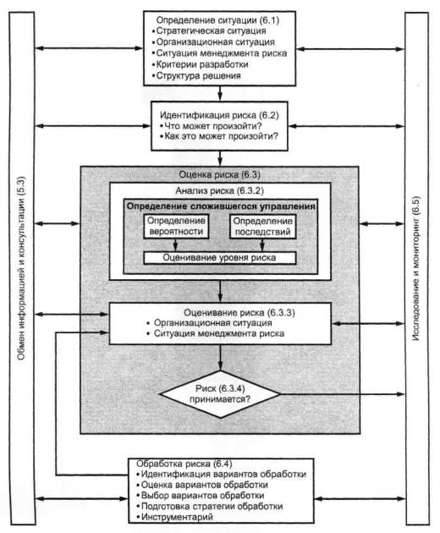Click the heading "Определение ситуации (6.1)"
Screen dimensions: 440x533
coord(217,20)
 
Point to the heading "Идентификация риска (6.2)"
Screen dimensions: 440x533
coord(219,116)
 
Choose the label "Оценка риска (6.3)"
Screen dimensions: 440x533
coord(220,175)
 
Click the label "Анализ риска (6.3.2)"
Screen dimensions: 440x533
coord(220,190)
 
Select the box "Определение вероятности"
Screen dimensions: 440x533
coord(176,227)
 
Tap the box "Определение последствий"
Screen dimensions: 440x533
coord(262,227)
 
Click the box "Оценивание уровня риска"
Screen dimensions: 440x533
coord(220,258)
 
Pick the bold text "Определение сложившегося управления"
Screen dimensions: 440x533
coord(221,206)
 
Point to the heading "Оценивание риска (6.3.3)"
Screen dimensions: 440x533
coord(239,312)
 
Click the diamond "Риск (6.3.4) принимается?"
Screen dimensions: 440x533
coord(220,394)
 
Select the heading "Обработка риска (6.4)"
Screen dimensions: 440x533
coord(184,464)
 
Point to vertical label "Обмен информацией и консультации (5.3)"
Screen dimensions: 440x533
coord(21,268)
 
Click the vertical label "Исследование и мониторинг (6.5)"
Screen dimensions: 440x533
coord(416,268)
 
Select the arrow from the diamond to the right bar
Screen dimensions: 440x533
coord(343,394)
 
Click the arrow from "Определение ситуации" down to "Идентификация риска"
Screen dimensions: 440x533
coord(220,93)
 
